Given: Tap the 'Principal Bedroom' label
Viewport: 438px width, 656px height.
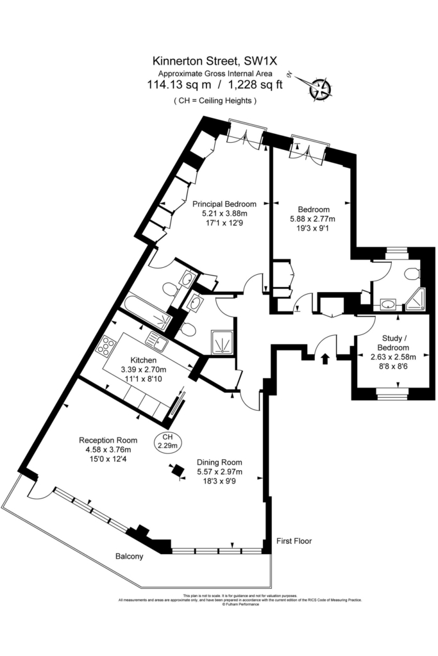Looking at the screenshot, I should click(x=220, y=204).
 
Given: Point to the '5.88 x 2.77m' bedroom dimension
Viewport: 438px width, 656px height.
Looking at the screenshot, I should click(x=312, y=219).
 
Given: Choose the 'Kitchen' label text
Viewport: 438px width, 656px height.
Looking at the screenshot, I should click(x=144, y=359).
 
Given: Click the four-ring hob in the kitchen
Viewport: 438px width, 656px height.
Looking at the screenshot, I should click(x=105, y=347).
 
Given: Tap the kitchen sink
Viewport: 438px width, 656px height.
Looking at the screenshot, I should click(x=156, y=343).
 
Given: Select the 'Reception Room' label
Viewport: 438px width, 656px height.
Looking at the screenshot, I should click(x=108, y=440).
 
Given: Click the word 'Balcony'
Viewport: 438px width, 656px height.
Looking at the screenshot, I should click(x=129, y=556).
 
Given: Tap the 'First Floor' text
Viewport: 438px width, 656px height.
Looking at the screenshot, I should click(x=294, y=541).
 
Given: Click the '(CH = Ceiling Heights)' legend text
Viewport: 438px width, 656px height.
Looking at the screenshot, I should click(x=215, y=101).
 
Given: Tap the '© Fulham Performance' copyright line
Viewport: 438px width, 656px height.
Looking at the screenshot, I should click(x=240, y=604).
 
